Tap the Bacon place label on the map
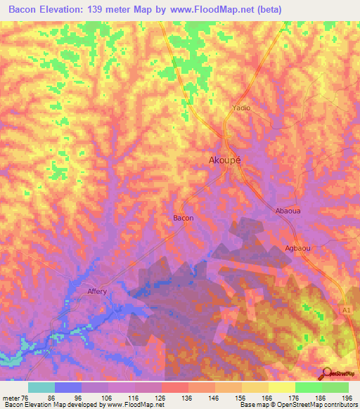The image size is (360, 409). [x=184, y=218]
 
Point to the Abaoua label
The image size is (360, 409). [x=289, y=210]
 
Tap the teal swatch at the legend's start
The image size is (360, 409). [x=41, y=387]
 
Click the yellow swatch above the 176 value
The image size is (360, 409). [x=281, y=387]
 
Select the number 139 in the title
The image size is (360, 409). [x=108, y=10]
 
